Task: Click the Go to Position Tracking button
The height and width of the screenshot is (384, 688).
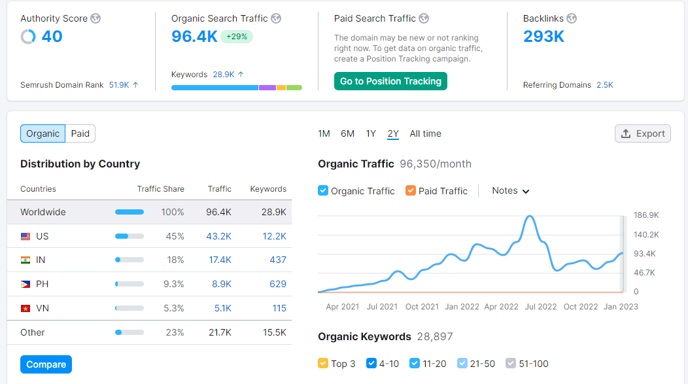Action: click(390, 81)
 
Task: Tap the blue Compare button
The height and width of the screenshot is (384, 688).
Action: click(46, 364)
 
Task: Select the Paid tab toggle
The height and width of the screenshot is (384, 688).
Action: click(80, 133)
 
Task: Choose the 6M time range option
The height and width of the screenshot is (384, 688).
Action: click(347, 133)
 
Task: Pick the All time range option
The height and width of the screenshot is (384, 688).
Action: click(425, 133)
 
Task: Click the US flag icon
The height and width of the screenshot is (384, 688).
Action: click(26, 236)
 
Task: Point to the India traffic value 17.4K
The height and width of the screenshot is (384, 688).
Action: click(220, 260)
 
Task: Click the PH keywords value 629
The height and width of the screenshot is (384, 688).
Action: click(278, 284)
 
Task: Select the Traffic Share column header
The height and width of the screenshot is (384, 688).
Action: click(160, 189)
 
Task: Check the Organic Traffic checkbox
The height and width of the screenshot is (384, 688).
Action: click(323, 190)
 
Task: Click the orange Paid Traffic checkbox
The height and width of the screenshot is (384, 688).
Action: click(411, 190)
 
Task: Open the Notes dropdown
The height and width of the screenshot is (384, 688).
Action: click(510, 190)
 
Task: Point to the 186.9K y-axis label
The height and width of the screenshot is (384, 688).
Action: click(646, 215)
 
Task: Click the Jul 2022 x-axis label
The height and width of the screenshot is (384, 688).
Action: click(540, 306)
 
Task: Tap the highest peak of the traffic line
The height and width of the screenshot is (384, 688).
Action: click(529, 217)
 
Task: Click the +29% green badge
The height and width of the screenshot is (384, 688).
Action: click(237, 37)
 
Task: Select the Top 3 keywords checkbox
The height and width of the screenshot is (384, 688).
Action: click(323, 363)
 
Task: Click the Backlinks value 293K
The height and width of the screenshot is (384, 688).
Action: click(543, 37)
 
